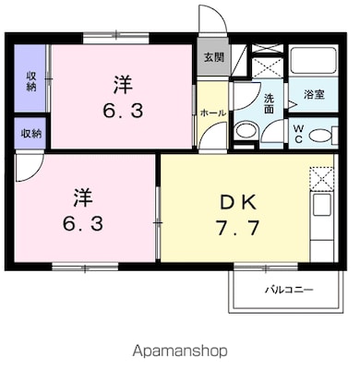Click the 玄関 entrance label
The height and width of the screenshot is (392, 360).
[214, 57]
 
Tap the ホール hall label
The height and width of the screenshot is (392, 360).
[213, 113]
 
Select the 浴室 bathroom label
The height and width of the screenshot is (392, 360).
[314, 95]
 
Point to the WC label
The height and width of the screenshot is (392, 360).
[298, 134]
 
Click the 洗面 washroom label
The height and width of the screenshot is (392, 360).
[269, 103]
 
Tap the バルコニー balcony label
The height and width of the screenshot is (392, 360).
[289, 290]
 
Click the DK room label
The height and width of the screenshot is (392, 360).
[238, 203]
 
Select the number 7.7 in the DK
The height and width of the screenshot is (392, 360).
[237, 228]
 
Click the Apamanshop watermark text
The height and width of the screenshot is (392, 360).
[180, 350]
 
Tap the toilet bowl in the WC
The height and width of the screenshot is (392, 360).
[319, 136]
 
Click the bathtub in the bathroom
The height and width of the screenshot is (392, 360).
[313, 60]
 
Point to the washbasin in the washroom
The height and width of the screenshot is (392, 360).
[246, 131]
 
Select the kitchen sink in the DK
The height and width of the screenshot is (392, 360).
[322, 205]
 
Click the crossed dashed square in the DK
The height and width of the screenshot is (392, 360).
[321, 178]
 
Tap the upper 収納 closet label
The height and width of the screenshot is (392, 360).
[31, 81]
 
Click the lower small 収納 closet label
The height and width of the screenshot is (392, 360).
[31, 134]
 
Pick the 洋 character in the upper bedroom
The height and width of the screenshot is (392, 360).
[123, 85]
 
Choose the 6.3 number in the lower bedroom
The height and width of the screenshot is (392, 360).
[83, 223]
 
